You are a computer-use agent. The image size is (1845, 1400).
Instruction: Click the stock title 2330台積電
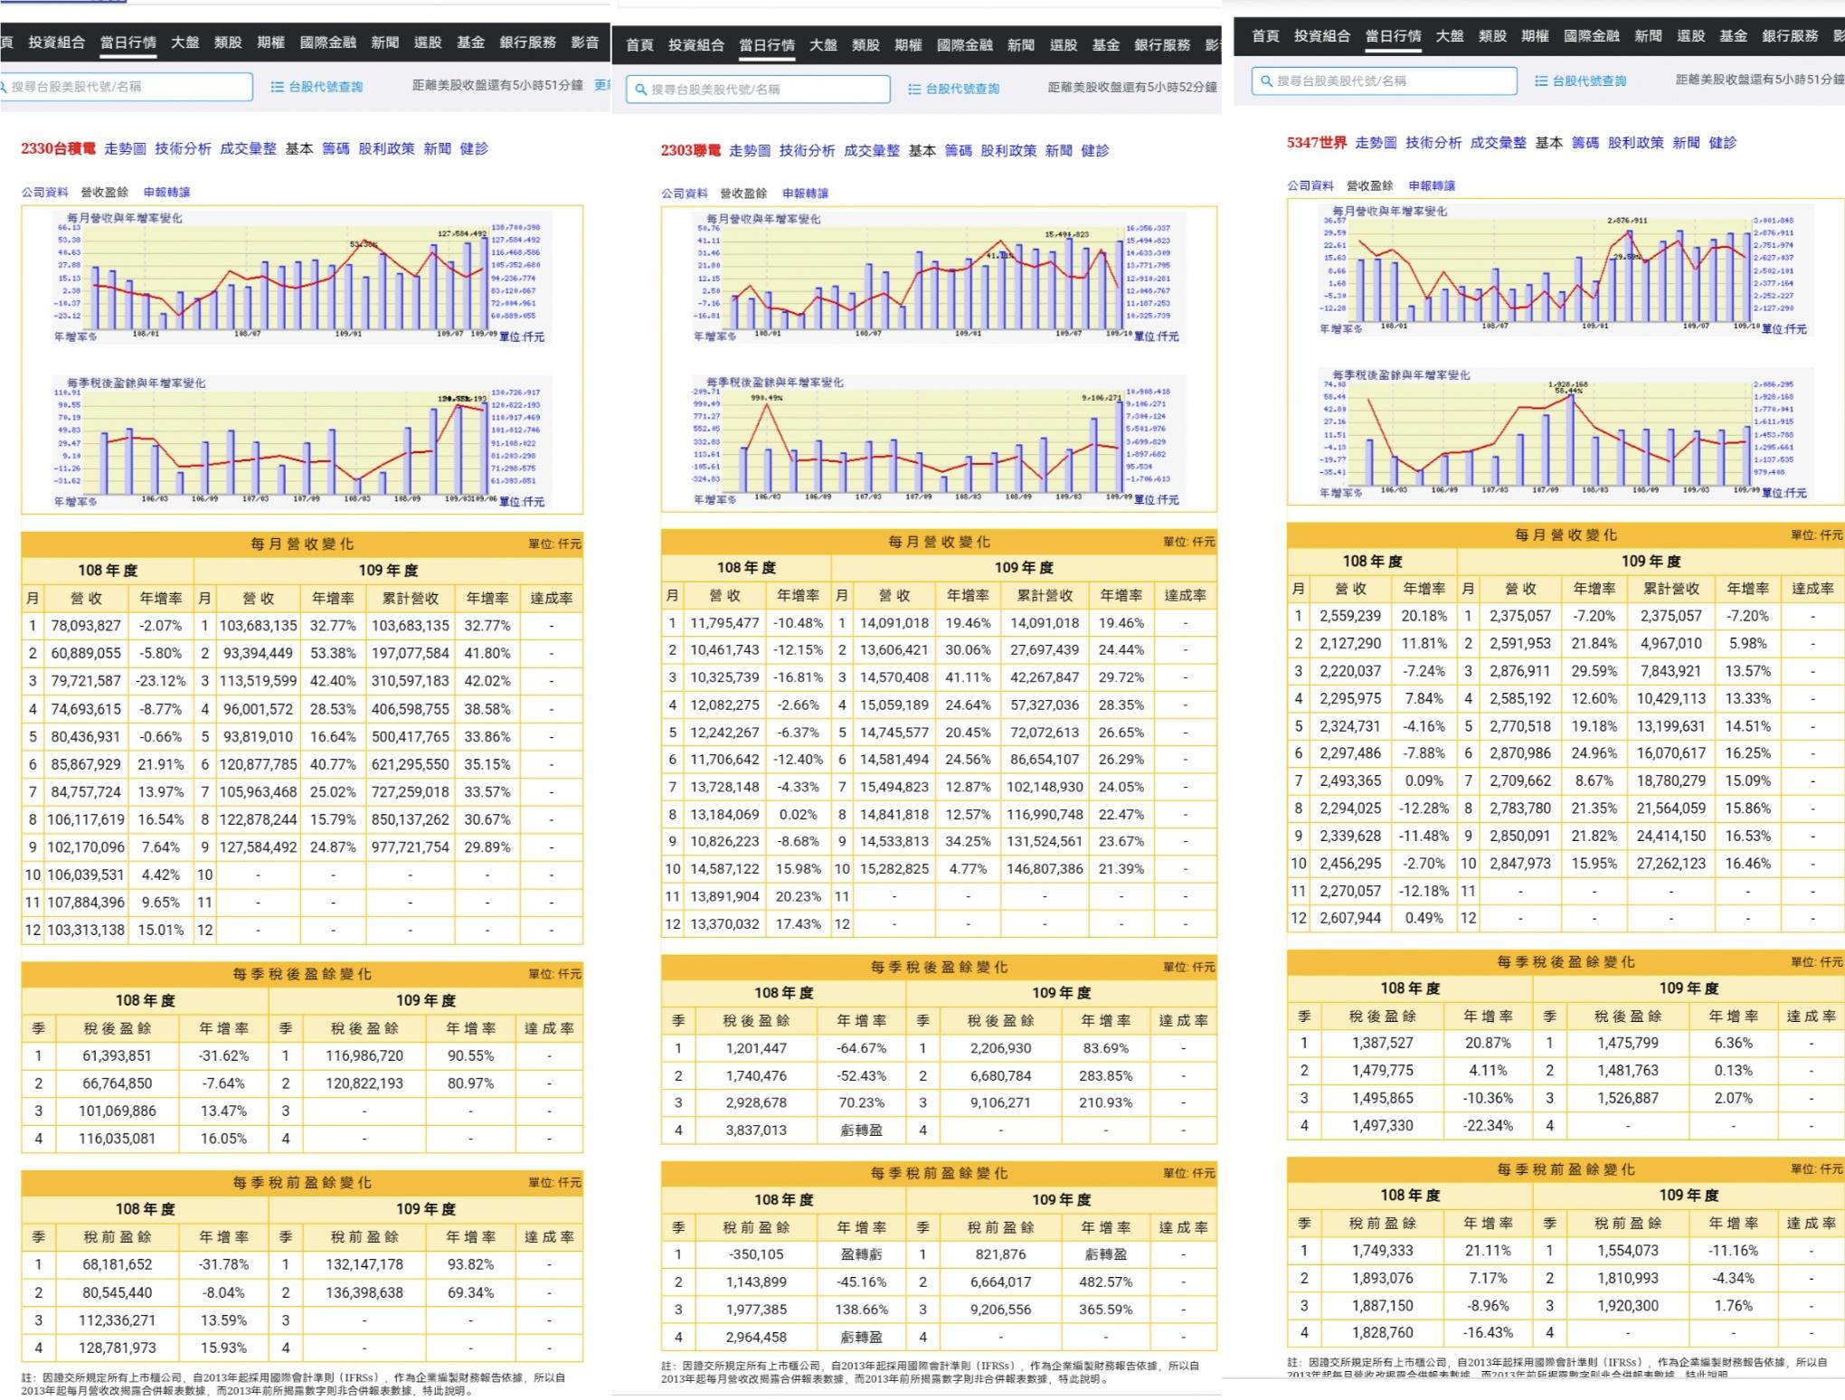[x=58, y=148]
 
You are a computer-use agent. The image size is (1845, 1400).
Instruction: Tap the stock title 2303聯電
[x=691, y=150]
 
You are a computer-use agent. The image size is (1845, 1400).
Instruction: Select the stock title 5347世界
[x=1317, y=142]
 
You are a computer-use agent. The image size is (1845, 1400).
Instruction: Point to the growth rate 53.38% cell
[x=333, y=653]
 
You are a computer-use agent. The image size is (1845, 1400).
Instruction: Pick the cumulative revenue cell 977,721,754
[x=410, y=847]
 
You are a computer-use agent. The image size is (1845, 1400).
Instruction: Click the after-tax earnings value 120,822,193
[x=364, y=1083]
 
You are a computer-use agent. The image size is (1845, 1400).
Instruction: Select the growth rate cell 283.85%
[x=1105, y=1075]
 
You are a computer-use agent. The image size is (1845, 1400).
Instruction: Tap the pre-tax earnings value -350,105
[x=755, y=1254]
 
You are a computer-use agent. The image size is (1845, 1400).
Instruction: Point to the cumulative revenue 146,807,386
[x=1045, y=868]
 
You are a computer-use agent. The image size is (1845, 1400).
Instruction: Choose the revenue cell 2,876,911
[x=1520, y=671]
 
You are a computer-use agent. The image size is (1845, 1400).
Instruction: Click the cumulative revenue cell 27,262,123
[x=1670, y=863]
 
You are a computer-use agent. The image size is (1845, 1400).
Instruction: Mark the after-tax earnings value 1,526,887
[x=1627, y=1098]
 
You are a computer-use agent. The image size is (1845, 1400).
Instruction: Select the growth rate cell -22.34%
[x=1488, y=1125]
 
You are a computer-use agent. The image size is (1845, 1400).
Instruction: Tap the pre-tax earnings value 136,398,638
[x=364, y=1292]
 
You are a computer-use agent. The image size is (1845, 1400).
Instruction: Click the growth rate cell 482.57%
[x=1105, y=1282]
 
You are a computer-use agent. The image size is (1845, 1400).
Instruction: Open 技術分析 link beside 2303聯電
[x=807, y=150]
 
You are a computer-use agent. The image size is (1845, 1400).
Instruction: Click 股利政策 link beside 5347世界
[x=1635, y=142]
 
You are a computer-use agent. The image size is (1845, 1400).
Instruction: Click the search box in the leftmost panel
[x=127, y=87]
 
